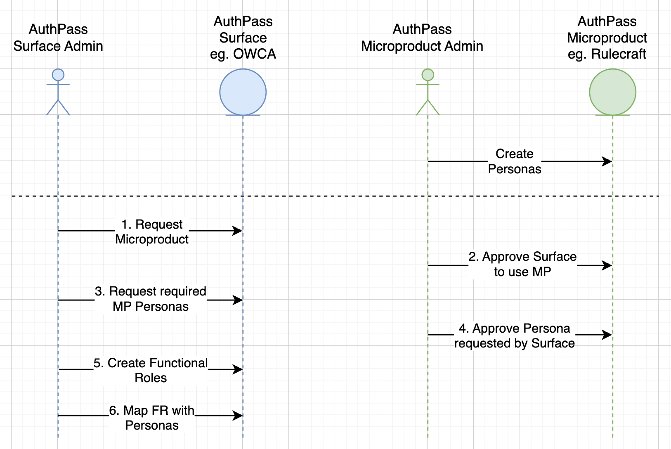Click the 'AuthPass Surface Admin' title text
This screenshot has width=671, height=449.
[58, 38]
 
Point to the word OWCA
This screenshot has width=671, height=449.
[255, 54]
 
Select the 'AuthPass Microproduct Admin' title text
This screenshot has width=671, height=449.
[422, 38]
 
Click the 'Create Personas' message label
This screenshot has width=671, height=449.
[515, 161]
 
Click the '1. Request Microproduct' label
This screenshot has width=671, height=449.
[152, 232]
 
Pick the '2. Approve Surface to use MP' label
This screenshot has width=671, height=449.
[522, 264]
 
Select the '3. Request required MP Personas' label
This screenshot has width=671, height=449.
[151, 299]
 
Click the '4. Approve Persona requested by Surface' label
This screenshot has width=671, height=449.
[515, 336]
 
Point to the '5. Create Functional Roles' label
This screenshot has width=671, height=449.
[151, 370]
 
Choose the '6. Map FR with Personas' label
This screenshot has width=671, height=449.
[152, 418]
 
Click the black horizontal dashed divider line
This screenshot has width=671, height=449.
[335, 196]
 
